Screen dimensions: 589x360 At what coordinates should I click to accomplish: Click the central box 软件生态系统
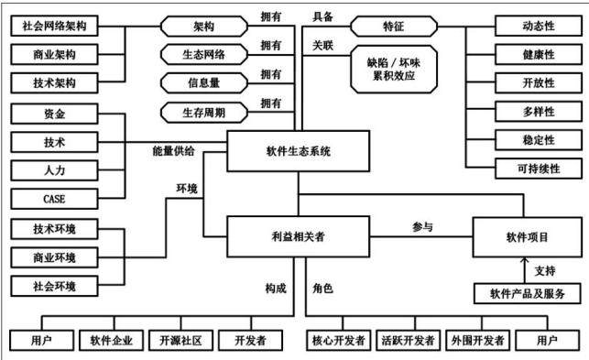click(x=299, y=151)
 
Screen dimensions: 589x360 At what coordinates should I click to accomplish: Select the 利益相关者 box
click(x=299, y=236)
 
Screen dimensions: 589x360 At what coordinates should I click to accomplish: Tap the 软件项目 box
click(x=527, y=237)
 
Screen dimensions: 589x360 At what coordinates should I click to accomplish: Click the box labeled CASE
click(x=54, y=199)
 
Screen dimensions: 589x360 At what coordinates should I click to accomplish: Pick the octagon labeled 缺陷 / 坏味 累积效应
click(x=394, y=69)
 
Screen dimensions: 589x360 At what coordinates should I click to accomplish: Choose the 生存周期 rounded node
click(x=204, y=113)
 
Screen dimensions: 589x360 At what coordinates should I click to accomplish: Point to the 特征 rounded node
click(x=394, y=27)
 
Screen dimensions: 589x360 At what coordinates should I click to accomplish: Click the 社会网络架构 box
click(x=54, y=26)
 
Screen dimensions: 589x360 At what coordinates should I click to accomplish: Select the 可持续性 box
click(x=539, y=169)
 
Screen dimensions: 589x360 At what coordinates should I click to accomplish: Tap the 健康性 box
click(x=539, y=54)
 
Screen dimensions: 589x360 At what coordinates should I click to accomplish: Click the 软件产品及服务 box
click(x=528, y=293)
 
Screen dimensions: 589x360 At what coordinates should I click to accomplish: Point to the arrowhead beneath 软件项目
click(x=525, y=259)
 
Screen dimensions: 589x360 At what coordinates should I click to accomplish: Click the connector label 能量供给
click(x=173, y=151)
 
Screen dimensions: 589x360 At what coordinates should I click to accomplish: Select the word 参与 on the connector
click(x=422, y=226)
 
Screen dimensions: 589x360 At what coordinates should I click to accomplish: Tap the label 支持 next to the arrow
click(x=545, y=270)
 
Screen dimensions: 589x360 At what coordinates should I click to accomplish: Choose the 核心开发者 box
click(x=338, y=341)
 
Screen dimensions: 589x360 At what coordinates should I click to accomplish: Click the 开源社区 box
click(x=181, y=341)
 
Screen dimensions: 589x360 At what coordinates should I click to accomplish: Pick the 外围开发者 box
click(x=477, y=341)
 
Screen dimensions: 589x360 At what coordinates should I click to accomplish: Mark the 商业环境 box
click(x=54, y=257)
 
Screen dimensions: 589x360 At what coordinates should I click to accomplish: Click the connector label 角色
click(x=322, y=289)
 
